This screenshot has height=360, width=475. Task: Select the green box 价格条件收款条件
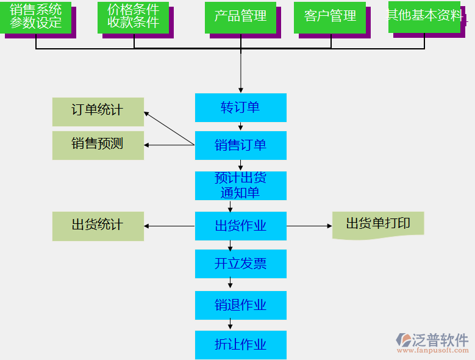pyautogui.click(x=133, y=16)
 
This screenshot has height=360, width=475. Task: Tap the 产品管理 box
pyautogui.click(x=240, y=17)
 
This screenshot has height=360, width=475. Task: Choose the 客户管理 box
pyautogui.click(x=330, y=17)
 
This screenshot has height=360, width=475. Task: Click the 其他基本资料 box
pyautogui.click(x=425, y=16)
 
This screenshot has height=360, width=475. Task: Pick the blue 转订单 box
pyautogui.click(x=240, y=108)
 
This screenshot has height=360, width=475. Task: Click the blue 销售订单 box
pyautogui.click(x=240, y=145)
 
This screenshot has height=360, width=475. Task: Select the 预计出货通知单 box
pyautogui.click(x=240, y=185)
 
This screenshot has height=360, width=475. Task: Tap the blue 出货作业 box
pyautogui.click(x=240, y=226)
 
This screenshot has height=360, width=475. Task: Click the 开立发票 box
pyautogui.click(x=240, y=264)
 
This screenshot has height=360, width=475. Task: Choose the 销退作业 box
pyautogui.click(x=240, y=305)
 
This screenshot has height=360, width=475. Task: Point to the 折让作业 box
pyautogui.click(x=240, y=344)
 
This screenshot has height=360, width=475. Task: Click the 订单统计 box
pyautogui.click(x=98, y=111)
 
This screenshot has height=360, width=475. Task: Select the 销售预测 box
pyautogui.click(x=98, y=145)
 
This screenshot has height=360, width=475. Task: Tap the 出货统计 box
pyautogui.click(x=98, y=226)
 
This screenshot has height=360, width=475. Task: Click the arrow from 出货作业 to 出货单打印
pyautogui.click(x=309, y=226)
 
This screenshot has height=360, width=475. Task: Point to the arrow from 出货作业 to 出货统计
pyautogui.click(x=170, y=226)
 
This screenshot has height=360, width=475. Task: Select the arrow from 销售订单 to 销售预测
pyautogui.click(x=170, y=145)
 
